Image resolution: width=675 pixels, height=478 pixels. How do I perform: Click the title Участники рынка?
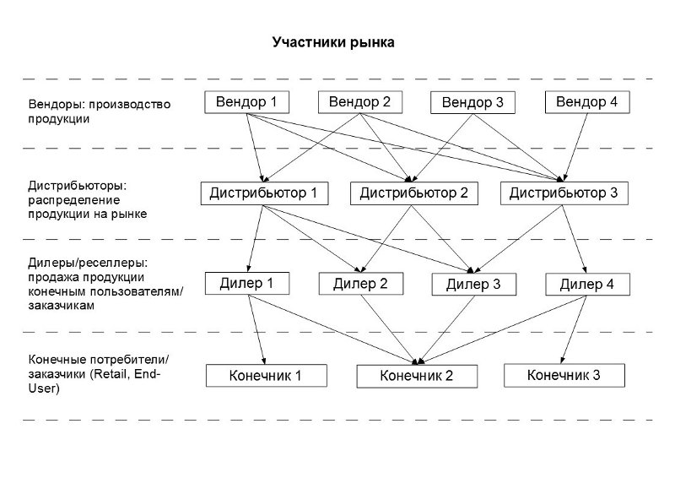332,41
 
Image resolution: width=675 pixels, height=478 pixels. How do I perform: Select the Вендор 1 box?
246,102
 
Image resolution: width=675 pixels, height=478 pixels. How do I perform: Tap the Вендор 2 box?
359,102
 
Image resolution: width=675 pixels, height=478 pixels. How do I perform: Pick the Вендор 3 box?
472,103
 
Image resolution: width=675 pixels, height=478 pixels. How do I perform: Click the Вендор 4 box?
587,102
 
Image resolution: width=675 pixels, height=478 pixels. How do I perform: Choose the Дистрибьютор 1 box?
263,193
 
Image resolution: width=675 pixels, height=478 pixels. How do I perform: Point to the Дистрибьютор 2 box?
413,193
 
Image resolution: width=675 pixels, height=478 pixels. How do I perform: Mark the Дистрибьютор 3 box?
564,193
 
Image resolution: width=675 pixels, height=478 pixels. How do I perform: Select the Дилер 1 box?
246,283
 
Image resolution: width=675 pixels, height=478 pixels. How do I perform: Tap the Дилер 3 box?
473,285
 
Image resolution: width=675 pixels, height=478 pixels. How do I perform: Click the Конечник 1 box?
265,375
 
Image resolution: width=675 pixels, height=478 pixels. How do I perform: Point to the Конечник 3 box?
564,374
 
